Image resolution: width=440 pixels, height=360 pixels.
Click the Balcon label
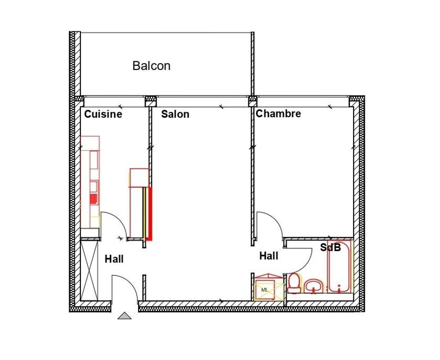pos(151,66)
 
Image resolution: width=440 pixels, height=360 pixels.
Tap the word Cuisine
pos(103,114)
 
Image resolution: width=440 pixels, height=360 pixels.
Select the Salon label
pos(175,114)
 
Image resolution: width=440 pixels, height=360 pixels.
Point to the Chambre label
pos(278,113)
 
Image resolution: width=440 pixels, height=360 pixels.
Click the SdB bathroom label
pos(330,247)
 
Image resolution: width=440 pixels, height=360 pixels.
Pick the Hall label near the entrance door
pos(114,259)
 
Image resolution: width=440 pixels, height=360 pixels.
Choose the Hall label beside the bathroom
pos(269,256)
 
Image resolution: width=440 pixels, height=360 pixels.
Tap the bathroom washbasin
pos(314,286)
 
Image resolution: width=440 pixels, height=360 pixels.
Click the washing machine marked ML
pos(265,289)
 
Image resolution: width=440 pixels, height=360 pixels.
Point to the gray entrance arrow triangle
pos(124,316)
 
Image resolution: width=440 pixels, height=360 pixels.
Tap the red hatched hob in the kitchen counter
pos(94,199)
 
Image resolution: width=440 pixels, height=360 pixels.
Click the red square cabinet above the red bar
pos(139,177)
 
